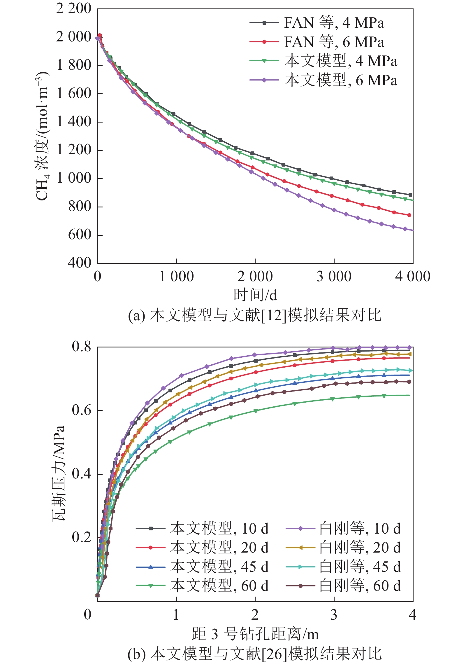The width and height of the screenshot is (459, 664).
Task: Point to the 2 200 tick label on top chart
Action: point(74,9)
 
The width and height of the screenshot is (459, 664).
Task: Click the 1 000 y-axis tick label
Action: point(74,178)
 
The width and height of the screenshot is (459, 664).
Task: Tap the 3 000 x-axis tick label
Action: point(334,277)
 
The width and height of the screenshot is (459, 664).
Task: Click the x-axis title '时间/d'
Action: point(255,295)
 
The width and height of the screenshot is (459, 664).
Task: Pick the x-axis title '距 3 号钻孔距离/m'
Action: point(255,634)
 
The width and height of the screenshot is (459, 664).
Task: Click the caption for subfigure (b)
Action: point(255,653)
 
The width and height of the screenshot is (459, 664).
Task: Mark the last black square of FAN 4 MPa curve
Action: point(410,195)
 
